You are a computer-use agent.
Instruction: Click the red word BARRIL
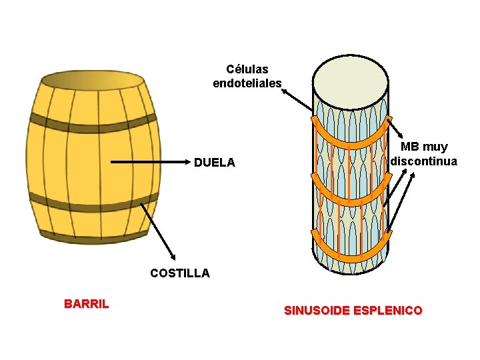pyautogui.click(x=87, y=305)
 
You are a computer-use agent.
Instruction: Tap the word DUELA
pyautogui.click(x=215, y=163)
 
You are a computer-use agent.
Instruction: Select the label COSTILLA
pyautogui.click(x=180, y=273)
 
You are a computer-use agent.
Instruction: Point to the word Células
pyautogui.click(x=247, y=69)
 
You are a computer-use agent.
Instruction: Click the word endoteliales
pyautogui.click(x=247, y=83)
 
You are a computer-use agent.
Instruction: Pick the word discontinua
pyautogui.click(x=424, y=161)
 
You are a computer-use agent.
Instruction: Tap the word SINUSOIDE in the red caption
pyautogui.click(x=319, y=311)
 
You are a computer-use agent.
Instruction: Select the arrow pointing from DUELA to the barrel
pyautogui.click(x=147, y=162)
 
